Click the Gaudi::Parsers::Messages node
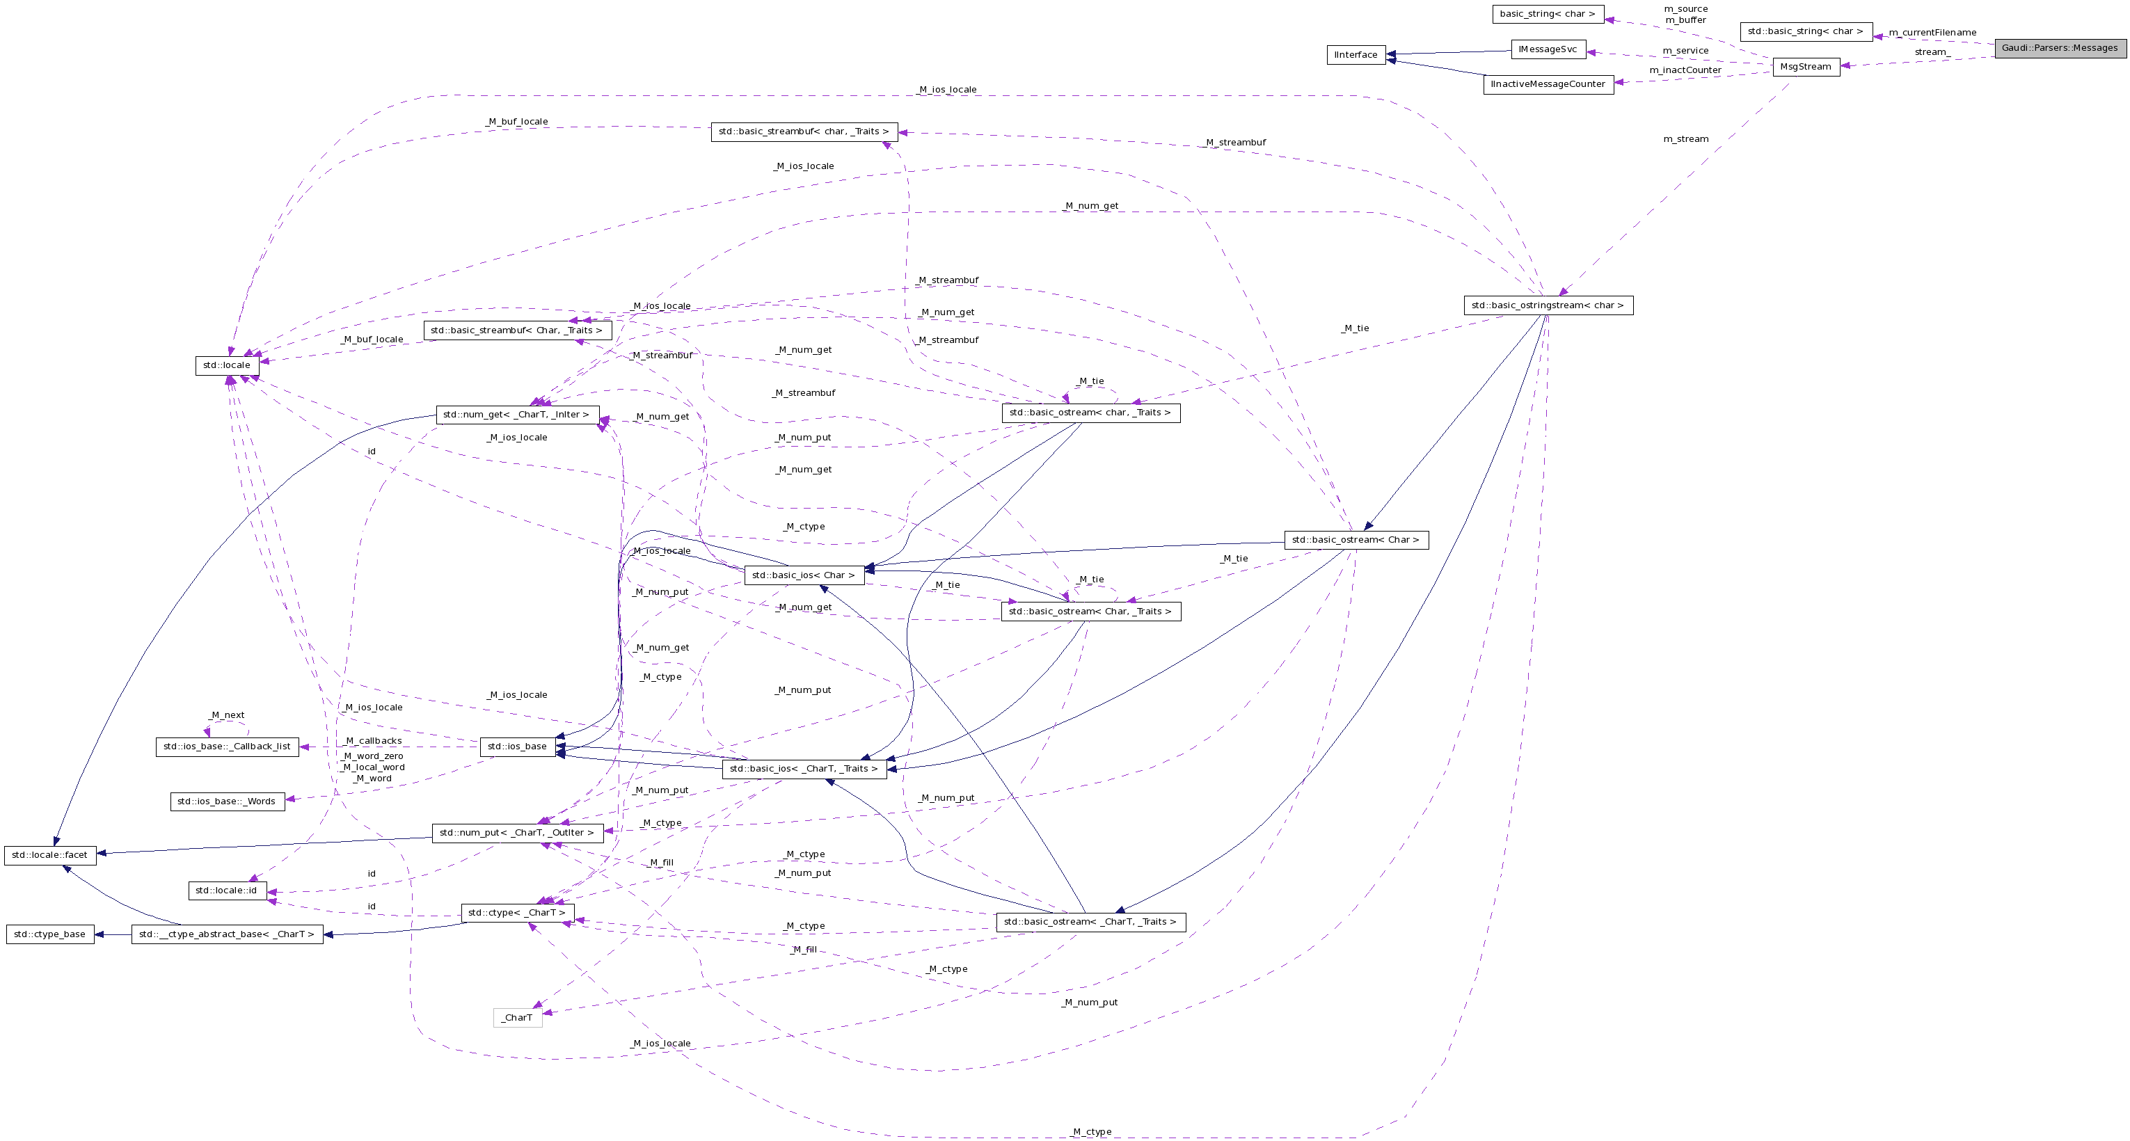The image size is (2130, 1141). (x=2060, y=48)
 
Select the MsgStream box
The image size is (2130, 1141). (x=1806, y=67)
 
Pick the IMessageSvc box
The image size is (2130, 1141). (x=1548, y=49)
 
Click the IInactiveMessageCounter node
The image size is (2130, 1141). (x=1548, y=84)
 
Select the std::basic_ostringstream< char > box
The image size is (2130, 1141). (x=1548, y=306)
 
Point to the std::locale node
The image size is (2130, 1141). (x=227, y=365)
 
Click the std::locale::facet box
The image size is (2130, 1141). (x=49, y=856)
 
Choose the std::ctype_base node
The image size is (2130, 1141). (x=49, y=935)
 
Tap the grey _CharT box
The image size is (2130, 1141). (x=518, y=1019)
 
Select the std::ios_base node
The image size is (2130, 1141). (x=517, y=747)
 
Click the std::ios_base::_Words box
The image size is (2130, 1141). (x=228, y=802)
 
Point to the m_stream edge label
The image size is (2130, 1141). (x=1685, y=140)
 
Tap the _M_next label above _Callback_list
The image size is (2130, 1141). (x=227, y=716)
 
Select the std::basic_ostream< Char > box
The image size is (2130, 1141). (x=1356, y=541)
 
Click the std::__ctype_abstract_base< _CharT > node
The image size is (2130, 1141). (x=227, y=935)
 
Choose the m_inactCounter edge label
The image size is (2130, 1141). (x=1685, y=70)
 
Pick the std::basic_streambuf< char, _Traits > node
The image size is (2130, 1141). (x=804, y=132)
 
